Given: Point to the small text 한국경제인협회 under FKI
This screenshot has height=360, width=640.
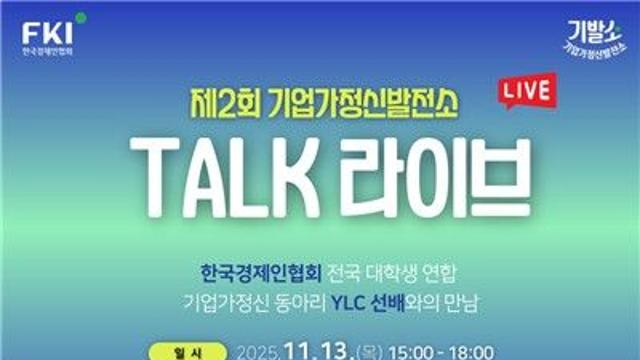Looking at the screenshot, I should pos(47,50).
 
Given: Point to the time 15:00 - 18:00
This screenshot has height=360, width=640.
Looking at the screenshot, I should pos(447,351).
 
